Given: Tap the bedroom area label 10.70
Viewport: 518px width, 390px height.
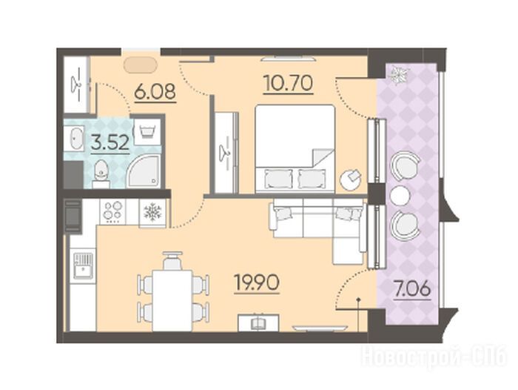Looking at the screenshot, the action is tap(288, 83).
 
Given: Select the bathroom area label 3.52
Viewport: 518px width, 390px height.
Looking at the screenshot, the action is tap(110, 143).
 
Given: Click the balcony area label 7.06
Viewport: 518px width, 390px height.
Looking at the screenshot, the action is tap(412, 289).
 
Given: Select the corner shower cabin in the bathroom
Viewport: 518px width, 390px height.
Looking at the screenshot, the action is tap(144, 171).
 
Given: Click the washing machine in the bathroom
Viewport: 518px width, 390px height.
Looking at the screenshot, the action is tap(148, 132).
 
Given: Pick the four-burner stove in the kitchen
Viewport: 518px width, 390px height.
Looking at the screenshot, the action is tap(112, 211).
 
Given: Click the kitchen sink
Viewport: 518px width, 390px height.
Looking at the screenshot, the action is tap(83, 266).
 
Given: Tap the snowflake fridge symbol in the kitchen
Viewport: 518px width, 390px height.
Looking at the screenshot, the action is tap(152, 212).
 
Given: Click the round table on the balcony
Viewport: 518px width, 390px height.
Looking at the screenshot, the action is tap(400, 196).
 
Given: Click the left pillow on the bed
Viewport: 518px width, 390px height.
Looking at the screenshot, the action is tap(278, 179).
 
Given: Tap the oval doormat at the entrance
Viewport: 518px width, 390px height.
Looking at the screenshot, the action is tap(140, 65).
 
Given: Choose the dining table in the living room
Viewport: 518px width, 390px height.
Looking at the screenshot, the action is tap(172, 300).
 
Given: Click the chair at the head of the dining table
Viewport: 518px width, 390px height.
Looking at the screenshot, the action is tap(172, 260).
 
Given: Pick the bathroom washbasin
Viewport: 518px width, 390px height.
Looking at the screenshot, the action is tap(74, 139).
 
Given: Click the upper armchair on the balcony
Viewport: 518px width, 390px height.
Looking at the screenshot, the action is tap(405, 165).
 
